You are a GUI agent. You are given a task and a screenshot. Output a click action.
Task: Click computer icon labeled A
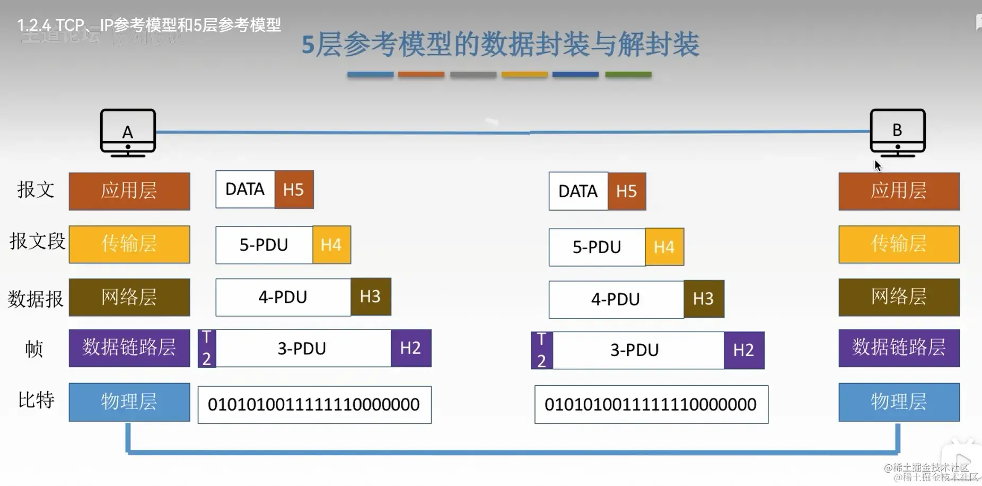tap(128, 133)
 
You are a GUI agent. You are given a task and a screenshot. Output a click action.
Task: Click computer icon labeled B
tap(897, 132)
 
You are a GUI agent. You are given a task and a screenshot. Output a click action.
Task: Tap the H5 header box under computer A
tap(294, 189)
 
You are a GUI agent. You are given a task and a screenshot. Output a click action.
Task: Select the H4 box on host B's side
tap(664, 247)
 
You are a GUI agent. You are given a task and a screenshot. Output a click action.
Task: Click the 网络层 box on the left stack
tap(129, 297)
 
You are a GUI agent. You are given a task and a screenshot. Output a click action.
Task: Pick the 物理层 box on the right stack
tap(899, 402)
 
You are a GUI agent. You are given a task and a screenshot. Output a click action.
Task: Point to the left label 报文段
tap(37, 241)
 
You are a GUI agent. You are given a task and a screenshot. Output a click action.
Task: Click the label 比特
tap(36, 400)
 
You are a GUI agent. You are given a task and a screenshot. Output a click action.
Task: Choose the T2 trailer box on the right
tap(541, 350)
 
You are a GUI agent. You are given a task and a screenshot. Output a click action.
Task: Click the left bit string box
tap(314, 405)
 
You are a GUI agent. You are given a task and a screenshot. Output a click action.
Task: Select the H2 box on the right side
tap(743, 350)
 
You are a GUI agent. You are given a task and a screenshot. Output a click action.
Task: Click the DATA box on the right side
tap(578, 191)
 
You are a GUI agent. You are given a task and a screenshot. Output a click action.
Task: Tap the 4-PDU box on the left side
tap(283, 297)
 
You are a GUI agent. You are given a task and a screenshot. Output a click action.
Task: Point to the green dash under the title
tap(628, 75)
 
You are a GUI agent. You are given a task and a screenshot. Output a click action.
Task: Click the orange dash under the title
tap(421, 75)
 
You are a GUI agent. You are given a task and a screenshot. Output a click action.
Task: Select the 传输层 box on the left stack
tap(129, 244)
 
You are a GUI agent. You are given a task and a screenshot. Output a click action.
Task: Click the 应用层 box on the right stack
tap(899, 191)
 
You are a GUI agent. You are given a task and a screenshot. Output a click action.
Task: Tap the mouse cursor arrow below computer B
tap(878, 166)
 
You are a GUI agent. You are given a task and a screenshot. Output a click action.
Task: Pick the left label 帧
tap(34, 349)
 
